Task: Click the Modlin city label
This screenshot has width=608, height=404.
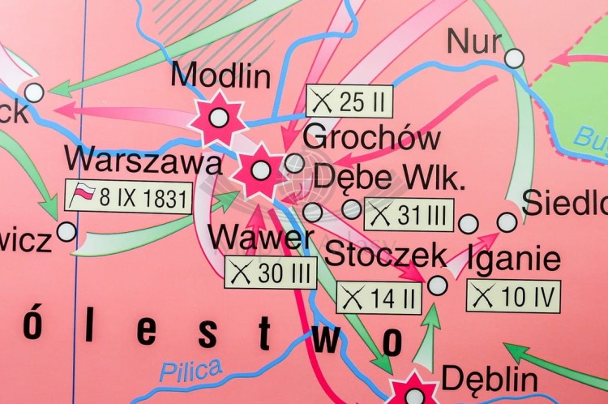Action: coord(221,75)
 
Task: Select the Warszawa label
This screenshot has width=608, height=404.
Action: coord(143,160)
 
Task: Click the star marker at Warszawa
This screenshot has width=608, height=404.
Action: coord(260,170)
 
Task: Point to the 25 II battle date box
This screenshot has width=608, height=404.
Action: coord(349,102)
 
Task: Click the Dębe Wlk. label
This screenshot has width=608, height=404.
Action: coord(389,178)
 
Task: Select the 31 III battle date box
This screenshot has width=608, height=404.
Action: coord(409,215)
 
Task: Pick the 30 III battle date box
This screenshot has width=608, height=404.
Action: coord(271,273)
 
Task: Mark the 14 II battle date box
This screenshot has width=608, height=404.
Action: coord(379,298)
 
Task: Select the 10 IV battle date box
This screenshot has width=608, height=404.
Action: coord(513,295)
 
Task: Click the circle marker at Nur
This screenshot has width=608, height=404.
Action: coord(514,58)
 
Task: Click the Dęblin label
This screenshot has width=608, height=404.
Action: coord(489,379)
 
